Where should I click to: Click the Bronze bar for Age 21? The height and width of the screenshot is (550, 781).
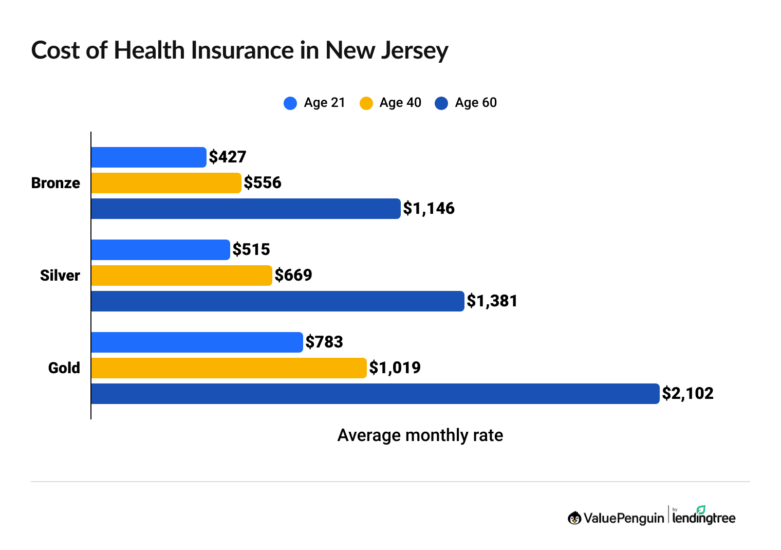point(148,157)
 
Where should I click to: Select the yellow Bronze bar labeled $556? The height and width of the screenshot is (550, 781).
point(166,183)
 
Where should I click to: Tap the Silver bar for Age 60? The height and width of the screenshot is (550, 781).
point(277,301)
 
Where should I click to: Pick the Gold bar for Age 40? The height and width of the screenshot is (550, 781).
point(229,368)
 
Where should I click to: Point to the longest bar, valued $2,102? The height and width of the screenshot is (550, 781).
point(375,394)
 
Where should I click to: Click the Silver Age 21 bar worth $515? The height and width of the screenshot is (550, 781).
point(160,250)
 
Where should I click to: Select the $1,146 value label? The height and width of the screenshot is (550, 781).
point(429,209)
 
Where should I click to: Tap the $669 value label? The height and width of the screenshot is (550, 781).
point(293,276)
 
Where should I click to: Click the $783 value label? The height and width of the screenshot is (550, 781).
point(324,342)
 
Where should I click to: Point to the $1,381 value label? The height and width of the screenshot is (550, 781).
point(492,301)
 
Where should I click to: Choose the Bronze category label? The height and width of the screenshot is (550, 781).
point(55,183)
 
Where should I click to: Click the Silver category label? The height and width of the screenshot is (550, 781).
point(60,276)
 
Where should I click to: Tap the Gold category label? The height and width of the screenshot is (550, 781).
point(64,368)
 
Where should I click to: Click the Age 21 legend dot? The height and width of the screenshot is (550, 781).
point(290,103)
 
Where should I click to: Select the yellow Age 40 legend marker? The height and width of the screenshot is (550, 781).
point(366,103)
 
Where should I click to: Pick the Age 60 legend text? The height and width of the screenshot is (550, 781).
point(476,103)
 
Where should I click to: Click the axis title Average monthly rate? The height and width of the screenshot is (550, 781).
point(420,435)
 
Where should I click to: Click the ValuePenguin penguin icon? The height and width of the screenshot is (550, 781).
point(574,518)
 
